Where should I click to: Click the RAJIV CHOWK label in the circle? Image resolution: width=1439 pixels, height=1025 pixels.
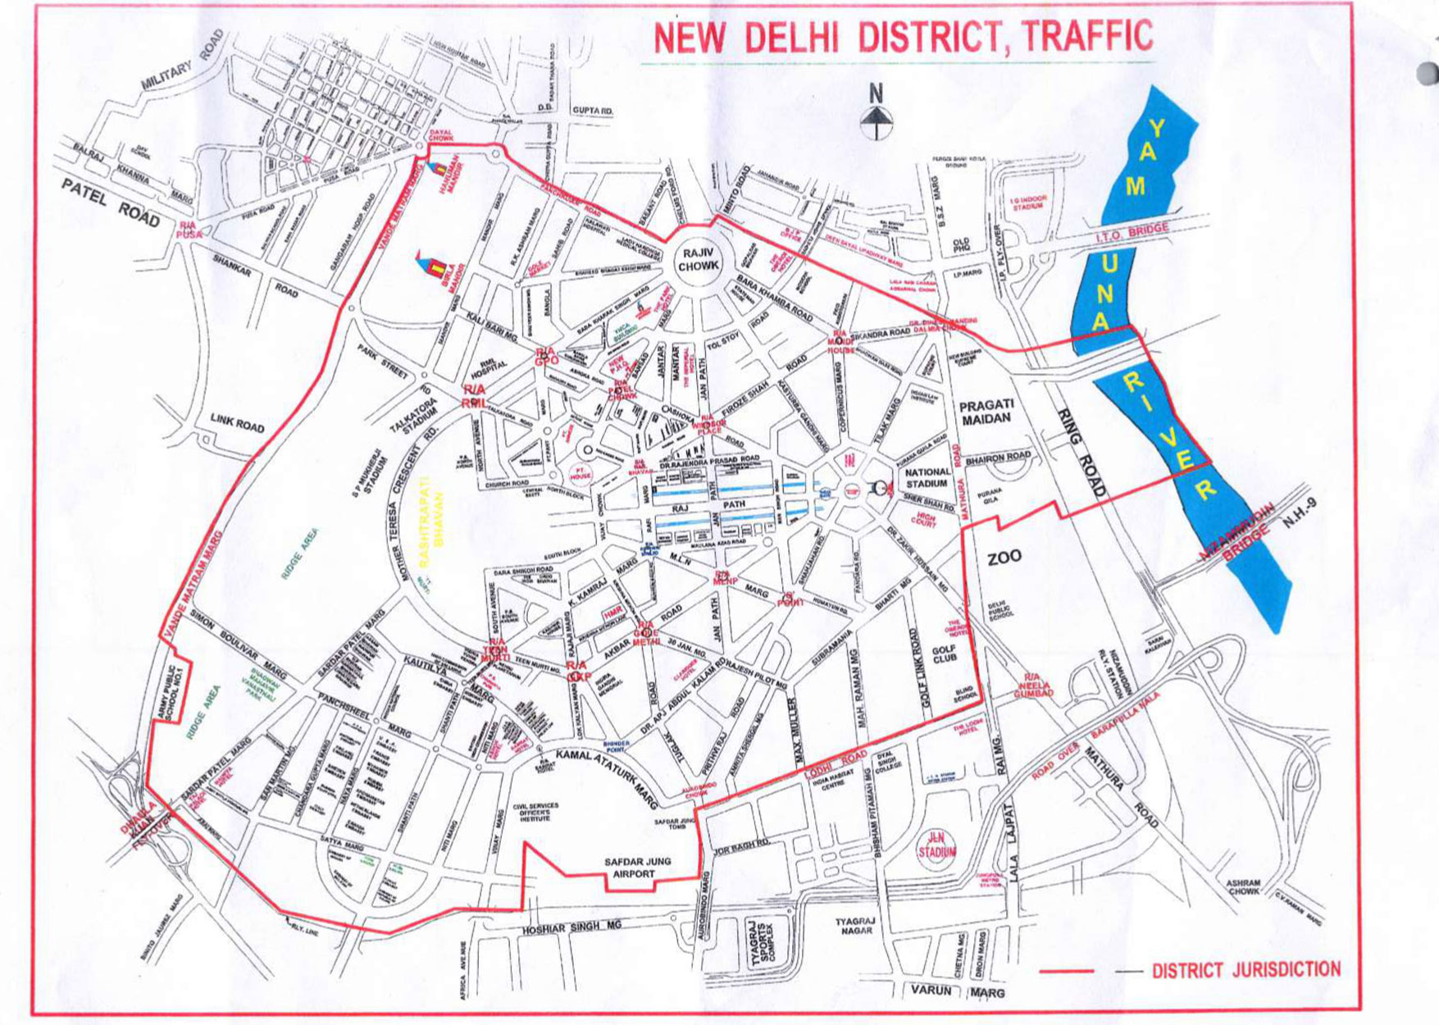[x=699, y=259]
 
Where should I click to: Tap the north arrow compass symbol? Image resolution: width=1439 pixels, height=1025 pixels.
[x=876, y=114]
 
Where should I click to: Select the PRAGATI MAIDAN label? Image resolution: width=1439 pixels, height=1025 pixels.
[x=986, y=412]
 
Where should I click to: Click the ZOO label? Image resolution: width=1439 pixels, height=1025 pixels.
[x=1004, y=558]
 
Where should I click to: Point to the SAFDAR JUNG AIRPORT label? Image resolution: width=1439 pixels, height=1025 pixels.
[x=637, y=868]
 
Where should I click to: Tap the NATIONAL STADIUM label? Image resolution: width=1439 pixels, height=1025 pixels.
[x=927, y=478]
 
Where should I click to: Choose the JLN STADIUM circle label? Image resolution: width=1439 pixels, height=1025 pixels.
[x=936, y=845]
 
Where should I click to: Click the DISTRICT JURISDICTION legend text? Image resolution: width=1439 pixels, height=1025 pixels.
[x=1245, y=970]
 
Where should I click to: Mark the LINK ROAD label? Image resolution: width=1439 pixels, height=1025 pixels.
[x=237, y=422]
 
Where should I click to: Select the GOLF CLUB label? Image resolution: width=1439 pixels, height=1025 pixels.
[x=945, y=653]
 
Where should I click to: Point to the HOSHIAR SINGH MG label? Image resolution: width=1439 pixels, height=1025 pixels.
[x=572, y=927]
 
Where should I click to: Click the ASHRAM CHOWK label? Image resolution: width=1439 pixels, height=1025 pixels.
[x=1244, y=886]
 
